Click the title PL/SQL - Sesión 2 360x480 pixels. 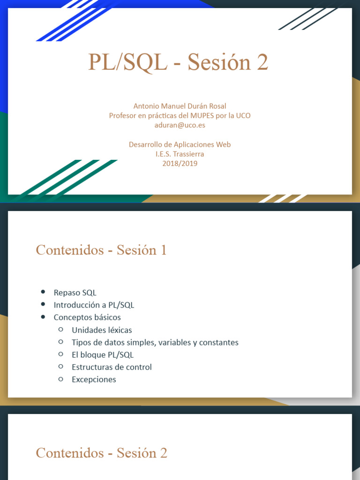pyautogui.click(x=178, y=63)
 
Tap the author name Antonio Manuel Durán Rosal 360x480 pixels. pyautogui.click(x=180, y=106)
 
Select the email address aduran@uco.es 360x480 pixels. pyautogui.click(x=180, y=125)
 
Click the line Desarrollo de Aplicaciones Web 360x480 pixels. pyautogui.click(x=180, y=144)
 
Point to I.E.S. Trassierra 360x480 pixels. pyautogui.click(x=180, y=154)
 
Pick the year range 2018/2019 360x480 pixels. pyautogui.click(x=180, y=164)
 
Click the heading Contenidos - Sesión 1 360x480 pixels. pyautogui.click(x=101, y=250)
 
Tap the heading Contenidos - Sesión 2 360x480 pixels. pyautogui.click(x=101, y=453)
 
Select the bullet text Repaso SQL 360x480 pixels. pyautogui.click(x=75, y=292)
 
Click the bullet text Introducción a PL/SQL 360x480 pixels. pyautogui.click(x=94, y=305)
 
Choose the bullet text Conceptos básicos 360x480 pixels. pyautogui.click(x=87, y=317)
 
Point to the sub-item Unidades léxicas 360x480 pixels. pyautogui.click(x=102, y=330)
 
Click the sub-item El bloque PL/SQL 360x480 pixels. pyautogui.click(x=103, y=355)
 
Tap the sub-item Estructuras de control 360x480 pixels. pyautogui.click(x=112, y=367)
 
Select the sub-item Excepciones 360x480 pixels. pyautogui.click(x=94, y=379)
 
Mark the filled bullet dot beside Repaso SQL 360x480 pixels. pyautogui.click(x=43, y=292)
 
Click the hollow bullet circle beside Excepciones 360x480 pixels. pyautogui.click(x=61, y=379)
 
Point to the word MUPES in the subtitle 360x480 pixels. pyautogui.click(x=202, y=115)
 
